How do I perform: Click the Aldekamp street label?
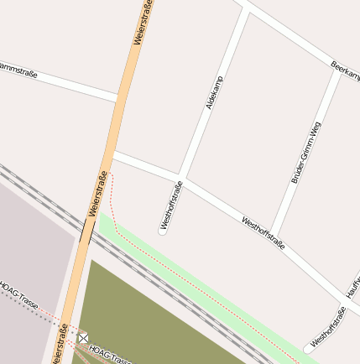(x=215, y=92)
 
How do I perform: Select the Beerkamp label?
(x=345, y=71)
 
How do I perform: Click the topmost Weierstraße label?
(x=143, y=23)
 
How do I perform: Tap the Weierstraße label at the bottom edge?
(x=60, y=343)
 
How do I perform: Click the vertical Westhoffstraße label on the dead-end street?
(x=170, y=205)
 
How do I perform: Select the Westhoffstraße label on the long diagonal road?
(x=263, y=233)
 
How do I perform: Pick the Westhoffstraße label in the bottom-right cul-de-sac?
(x=328, y=327)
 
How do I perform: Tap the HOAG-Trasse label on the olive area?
(x=109, y=355)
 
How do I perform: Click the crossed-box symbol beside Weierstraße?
(x=83, y=337)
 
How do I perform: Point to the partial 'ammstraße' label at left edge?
(x=18, y=68)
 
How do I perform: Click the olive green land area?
(x=159, y=319)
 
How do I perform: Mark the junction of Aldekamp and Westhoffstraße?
(x=184, y=177)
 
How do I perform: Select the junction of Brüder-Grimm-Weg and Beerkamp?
(x=339, y=74)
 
